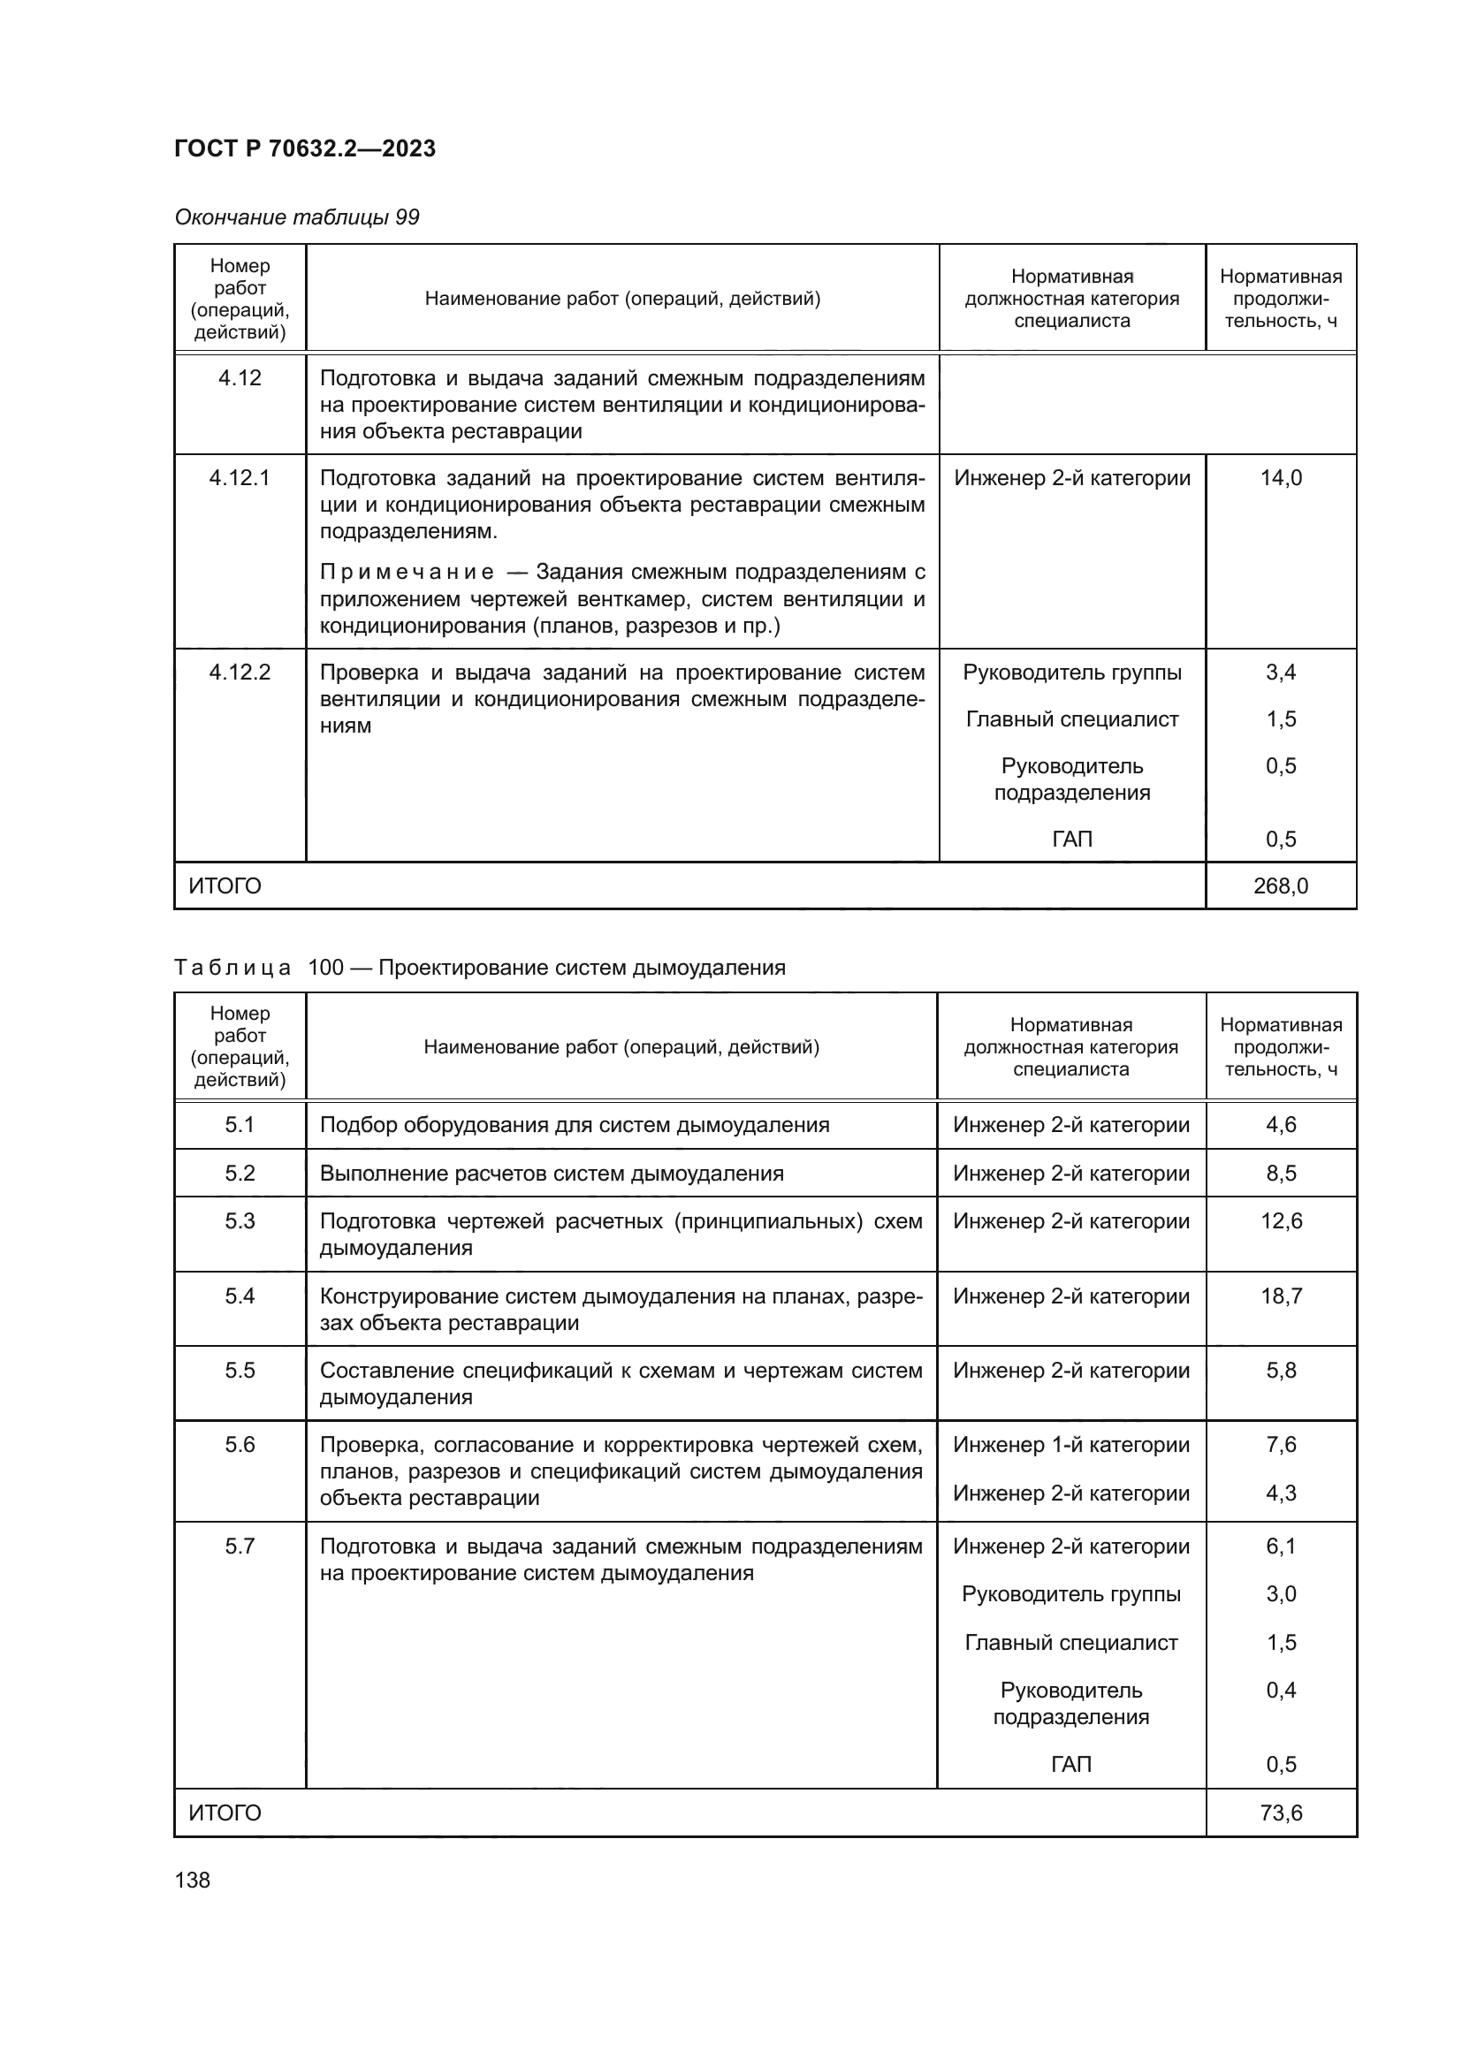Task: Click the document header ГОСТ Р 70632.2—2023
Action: point(304,148)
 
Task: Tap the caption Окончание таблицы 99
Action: point(296,217)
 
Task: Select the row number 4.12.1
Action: point(240,478)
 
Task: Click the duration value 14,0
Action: point(1280,478)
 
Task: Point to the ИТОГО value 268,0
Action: point(1280,885)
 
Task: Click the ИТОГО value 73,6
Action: point(1280,1812)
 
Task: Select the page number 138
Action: point(192,1880)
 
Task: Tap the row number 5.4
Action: point(240,1296)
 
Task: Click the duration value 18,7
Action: point(1280,1296)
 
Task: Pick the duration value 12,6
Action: point(1280,1220)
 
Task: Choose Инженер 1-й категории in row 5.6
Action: point(1070,1444)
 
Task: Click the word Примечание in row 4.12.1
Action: point(407,573)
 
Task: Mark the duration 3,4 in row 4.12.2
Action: point(1280,673)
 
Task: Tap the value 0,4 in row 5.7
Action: point(1280,1690)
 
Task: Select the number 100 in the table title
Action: point(325,968)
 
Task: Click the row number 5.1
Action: point(240,1124)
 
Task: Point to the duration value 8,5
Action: point(1280,1173)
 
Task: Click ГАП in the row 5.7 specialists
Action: point(1070,1764)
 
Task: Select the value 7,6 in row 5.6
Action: point(1280,1444)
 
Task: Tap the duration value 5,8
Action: point(1280,1371)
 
